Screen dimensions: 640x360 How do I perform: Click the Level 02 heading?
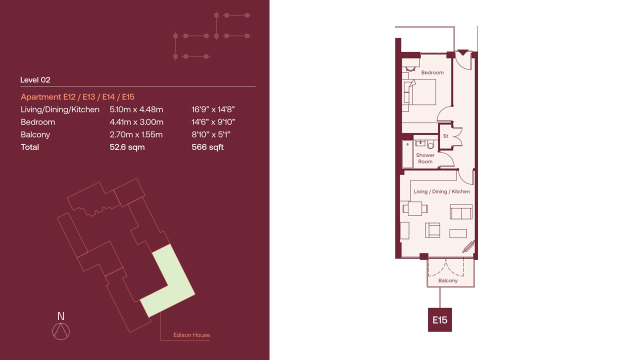tap(35, 79)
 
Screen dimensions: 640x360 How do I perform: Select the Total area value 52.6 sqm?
tap(127, 147)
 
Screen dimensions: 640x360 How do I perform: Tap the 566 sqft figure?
tap(207, 147)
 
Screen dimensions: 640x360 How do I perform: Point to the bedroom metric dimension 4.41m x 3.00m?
tap(136, 122)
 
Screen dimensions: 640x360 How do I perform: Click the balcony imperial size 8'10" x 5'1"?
tap(211, 134)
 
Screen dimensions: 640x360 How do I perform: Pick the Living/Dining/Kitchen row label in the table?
tap(60, 109)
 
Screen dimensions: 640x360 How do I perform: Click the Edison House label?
tap(191, 335)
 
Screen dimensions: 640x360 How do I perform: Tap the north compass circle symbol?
tap(61, 331)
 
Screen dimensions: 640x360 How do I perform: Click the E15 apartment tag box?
tap(439, 319)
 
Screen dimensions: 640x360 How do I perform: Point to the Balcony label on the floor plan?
tap(447, 280)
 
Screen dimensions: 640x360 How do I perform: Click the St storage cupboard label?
tap(445, 136)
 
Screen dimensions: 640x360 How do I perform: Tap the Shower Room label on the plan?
tap(425, 158)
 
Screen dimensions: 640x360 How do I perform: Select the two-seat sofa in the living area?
tap(461, 211)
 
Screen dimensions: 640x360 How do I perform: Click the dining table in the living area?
tap(415, 208)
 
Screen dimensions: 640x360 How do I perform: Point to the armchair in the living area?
tap(432, 230)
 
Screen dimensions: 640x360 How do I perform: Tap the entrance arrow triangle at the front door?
tap(463, 52)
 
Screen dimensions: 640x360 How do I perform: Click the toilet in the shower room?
tap(430, 144)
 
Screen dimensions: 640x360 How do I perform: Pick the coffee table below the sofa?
tap(458, 233)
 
